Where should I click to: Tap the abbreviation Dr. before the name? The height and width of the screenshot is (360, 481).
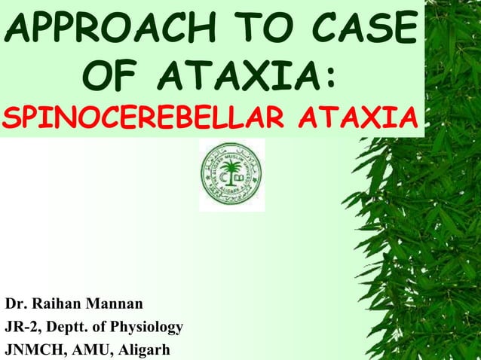coord(17,305)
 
